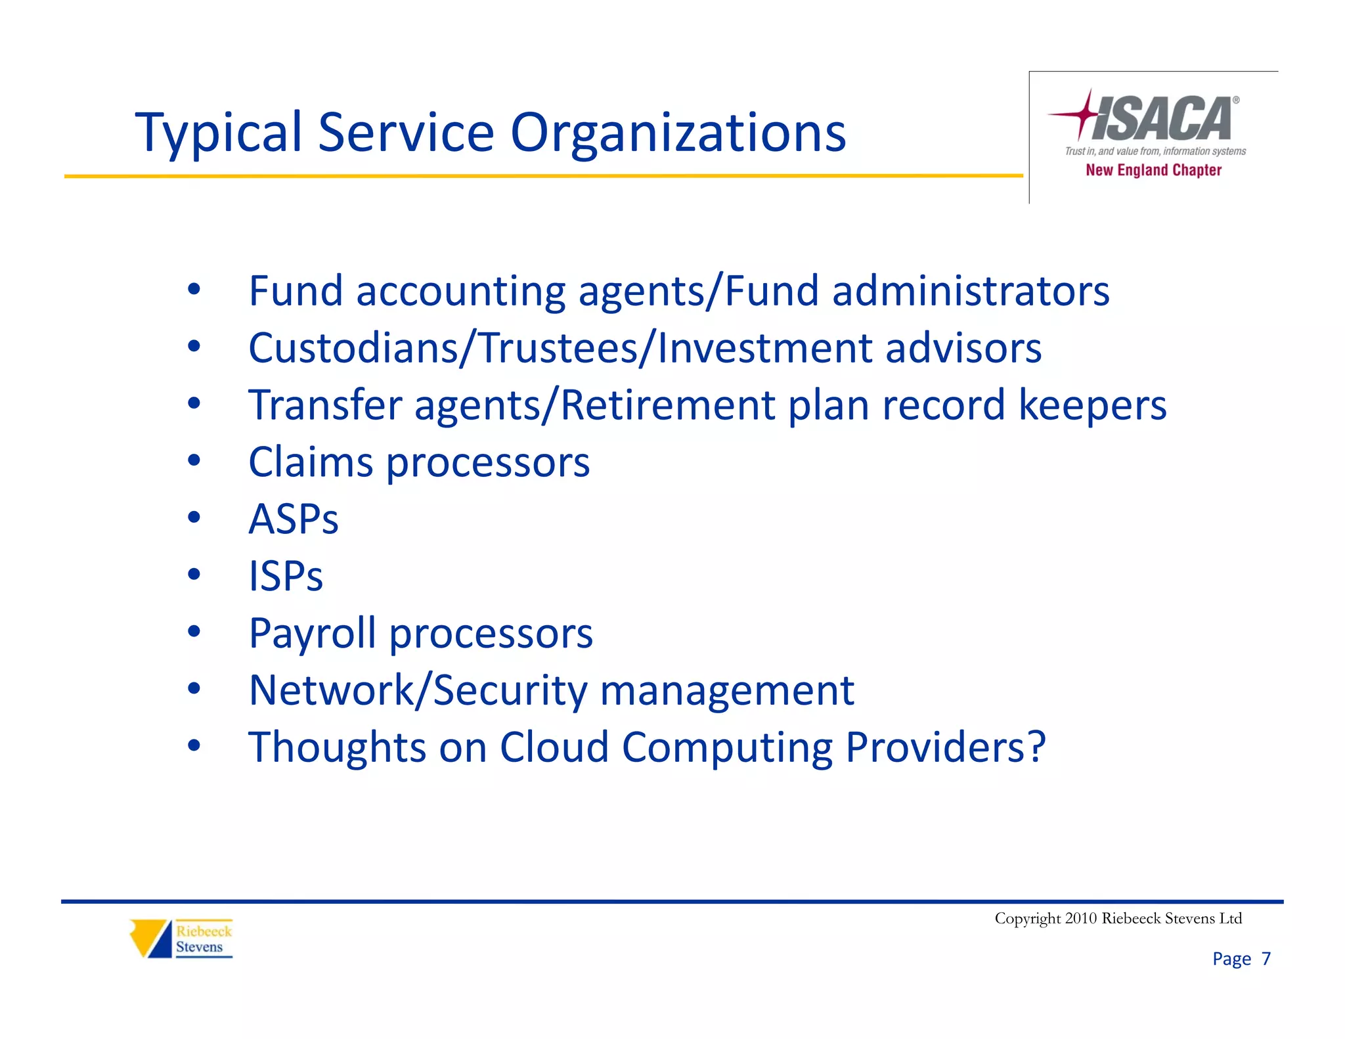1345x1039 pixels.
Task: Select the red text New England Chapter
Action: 1153,170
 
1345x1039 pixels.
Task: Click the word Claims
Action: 311,462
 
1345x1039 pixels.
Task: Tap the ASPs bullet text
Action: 293,519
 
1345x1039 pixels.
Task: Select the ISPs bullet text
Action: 286,577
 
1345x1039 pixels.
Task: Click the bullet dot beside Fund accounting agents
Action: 194,289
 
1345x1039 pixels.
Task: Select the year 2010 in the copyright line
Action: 1081,918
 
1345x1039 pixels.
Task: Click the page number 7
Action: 1266,959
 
